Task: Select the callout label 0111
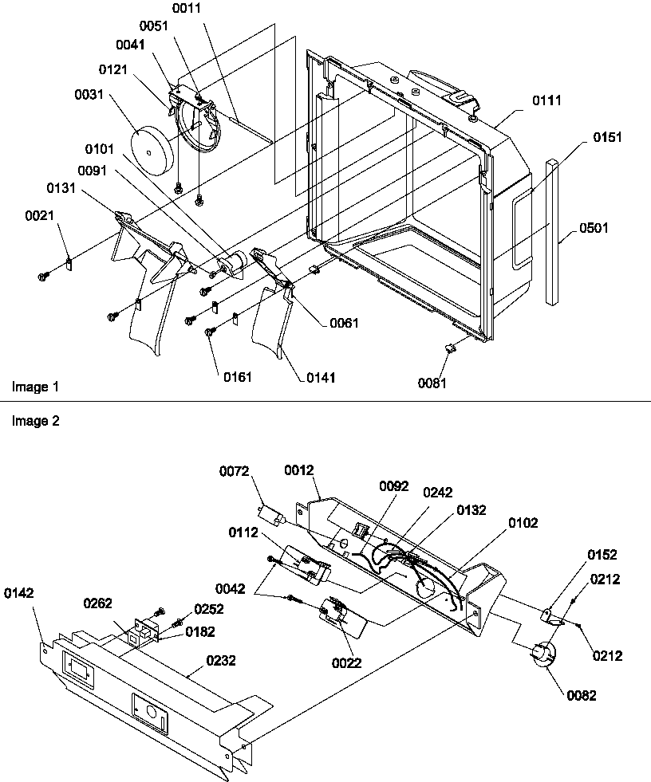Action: coord(546,100)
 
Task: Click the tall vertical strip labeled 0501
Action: coord(552,231)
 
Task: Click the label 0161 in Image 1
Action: coord(237,376)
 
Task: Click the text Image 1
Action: coord(35,387)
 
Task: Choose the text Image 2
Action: coord(35,421)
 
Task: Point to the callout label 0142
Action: coord(19,592)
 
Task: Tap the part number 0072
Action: coord(235,473)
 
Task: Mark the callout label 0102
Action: coord(523,523)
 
